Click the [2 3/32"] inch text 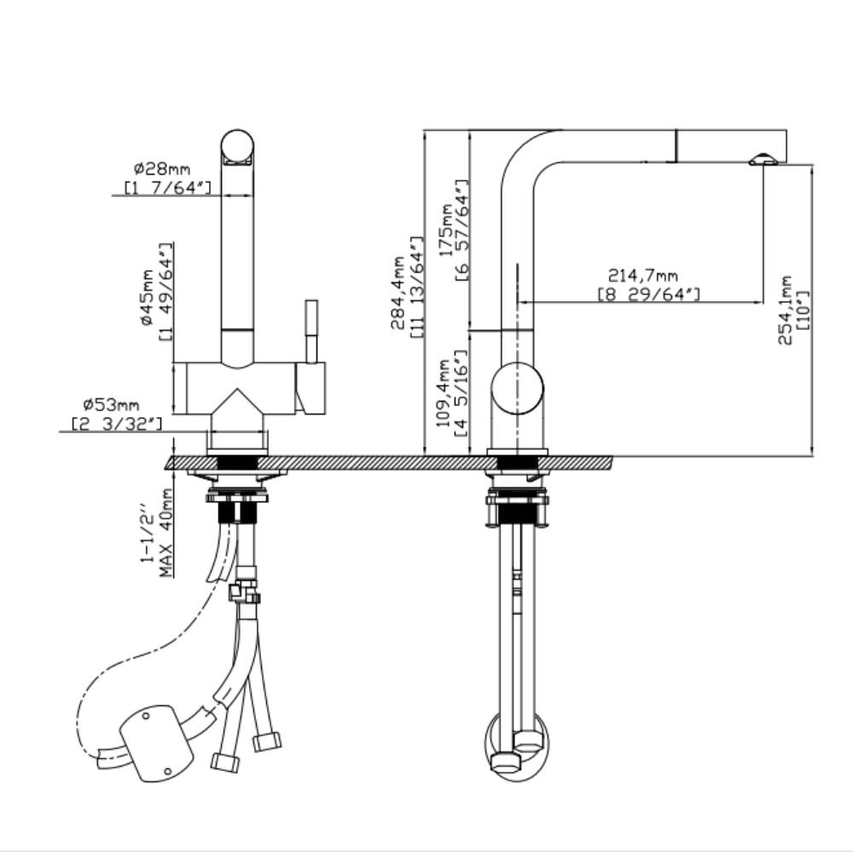(116, 422)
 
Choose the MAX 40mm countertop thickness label (166, 533)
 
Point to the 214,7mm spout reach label (642, 275)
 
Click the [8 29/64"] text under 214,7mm (648, 294)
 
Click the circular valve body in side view (517, 387)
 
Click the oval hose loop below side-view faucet (518, 745)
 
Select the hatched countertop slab (388, 462)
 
